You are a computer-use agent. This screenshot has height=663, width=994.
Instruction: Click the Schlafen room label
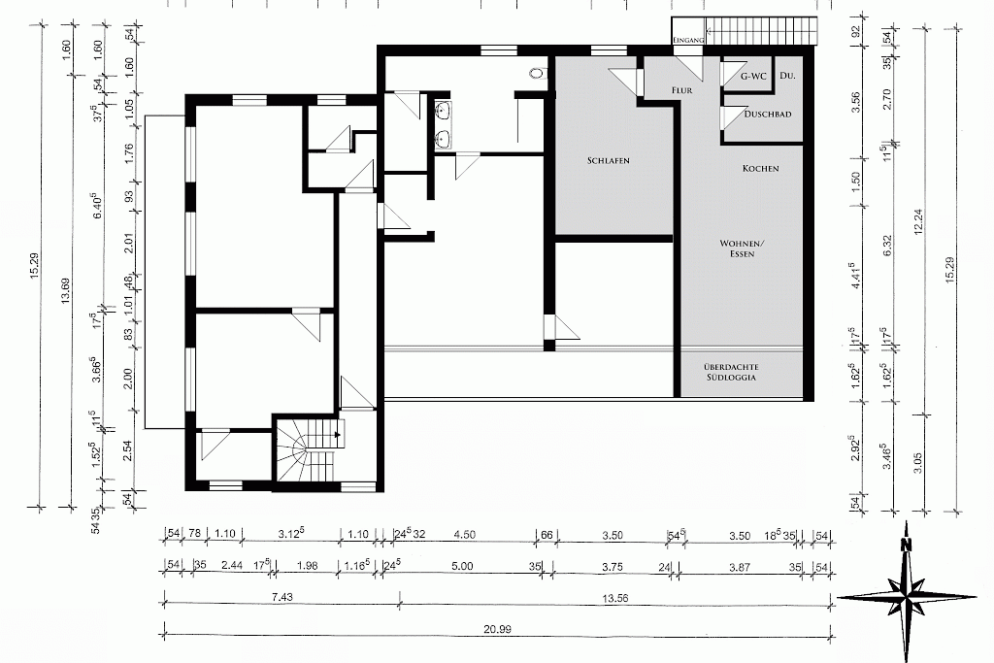coord(608,160)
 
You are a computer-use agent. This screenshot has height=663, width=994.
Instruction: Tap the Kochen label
coord(761,168)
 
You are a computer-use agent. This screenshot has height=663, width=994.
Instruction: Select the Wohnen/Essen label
coord(743,249)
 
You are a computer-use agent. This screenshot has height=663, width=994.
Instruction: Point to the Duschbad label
coord(768,115)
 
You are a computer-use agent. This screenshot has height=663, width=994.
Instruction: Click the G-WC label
coord(753,76)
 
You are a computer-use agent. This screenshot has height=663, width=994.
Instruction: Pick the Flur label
coord(682,90)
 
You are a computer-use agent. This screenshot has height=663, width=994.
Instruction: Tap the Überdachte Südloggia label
coord(731,372)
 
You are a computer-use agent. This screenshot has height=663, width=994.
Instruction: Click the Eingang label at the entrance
coord(688,40)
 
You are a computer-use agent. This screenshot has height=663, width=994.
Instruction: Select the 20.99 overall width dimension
coord(497,629)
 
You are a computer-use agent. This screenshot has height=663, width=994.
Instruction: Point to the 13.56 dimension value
coord(614,597)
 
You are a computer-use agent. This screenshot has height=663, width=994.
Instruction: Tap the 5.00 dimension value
coord(462,566)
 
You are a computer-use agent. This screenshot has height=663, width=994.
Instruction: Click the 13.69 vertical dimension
coord(65,291)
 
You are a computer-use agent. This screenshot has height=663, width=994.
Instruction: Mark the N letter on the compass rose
coord(908,545)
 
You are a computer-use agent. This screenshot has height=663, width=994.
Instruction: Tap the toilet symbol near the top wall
coord(538,72)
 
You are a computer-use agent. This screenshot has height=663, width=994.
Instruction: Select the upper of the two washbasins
coord(443,111)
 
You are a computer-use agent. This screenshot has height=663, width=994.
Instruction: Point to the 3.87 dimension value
coord(740,567)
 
